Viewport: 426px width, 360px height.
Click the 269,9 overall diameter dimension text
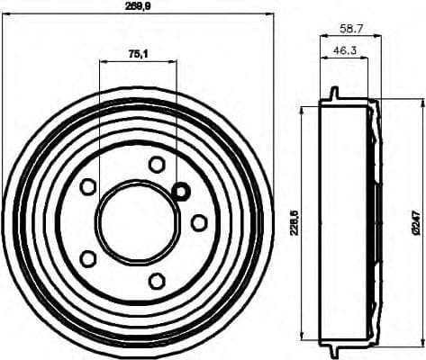pyautogui.click(x=137, y=6)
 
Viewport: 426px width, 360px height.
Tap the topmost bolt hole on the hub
pyautogui.click(x=157, y=164)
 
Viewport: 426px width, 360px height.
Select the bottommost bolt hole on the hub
pyautogui.click(x=157, y=280)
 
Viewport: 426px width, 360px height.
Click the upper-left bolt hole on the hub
pyautogui.click(x=88, y=186)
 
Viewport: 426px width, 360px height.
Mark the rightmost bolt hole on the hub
pyautogui.click(x=199, y=221)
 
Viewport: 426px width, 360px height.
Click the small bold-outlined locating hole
pyautogui.click(x=180, y=191)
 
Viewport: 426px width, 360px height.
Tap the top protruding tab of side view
pyautogui.click(x=334, y=93)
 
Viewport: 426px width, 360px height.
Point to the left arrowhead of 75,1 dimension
pyautogui.click(x=102, y=61)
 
